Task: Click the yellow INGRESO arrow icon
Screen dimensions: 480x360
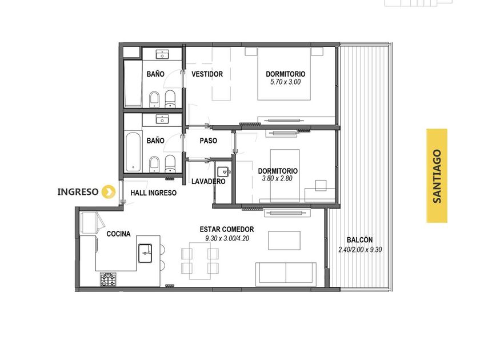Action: click(x=109, y=192)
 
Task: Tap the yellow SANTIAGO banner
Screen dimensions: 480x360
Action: click(x=437, y=176)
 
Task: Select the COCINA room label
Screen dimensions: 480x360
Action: click(x=118, y=234)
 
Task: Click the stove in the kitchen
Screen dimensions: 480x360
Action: click(x=109, y=279)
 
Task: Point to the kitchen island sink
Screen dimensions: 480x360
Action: click(x=145, y=253)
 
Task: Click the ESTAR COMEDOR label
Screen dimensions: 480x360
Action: click(x=227, y=229)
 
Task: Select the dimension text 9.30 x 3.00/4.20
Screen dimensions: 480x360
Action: click(x=227, y=238)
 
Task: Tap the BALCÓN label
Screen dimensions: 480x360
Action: click(x=359, y=240)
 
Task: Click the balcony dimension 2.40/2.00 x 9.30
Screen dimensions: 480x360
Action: click(x=360, y=250)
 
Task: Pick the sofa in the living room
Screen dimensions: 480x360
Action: click(x=286, y=274)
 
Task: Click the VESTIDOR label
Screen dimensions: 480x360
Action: click(x=207, y=74)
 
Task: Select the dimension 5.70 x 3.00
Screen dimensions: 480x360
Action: click(x=285, y=82)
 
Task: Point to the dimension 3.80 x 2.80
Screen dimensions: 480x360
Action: click(x=277, y=178)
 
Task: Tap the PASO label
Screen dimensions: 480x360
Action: click(x=209, y=141)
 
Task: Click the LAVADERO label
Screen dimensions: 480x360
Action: click(x=209, y=182)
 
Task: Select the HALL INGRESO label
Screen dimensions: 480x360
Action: click(x=154, y=193)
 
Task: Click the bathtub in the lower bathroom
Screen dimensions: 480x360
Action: click(x=134, y=151)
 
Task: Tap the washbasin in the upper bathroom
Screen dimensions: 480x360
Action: click(x=162, y=55)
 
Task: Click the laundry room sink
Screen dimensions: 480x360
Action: click(x=223, y=171)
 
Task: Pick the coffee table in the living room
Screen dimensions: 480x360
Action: click(x=285, y=241)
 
